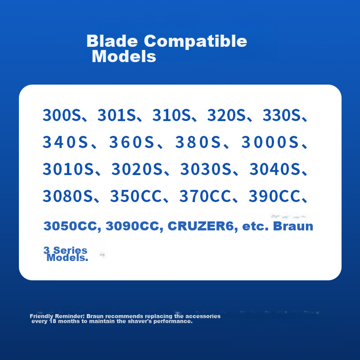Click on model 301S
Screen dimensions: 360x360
116,115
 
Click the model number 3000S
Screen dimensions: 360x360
270,142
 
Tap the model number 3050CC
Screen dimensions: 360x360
72,226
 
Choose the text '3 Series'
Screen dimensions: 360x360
65,251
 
